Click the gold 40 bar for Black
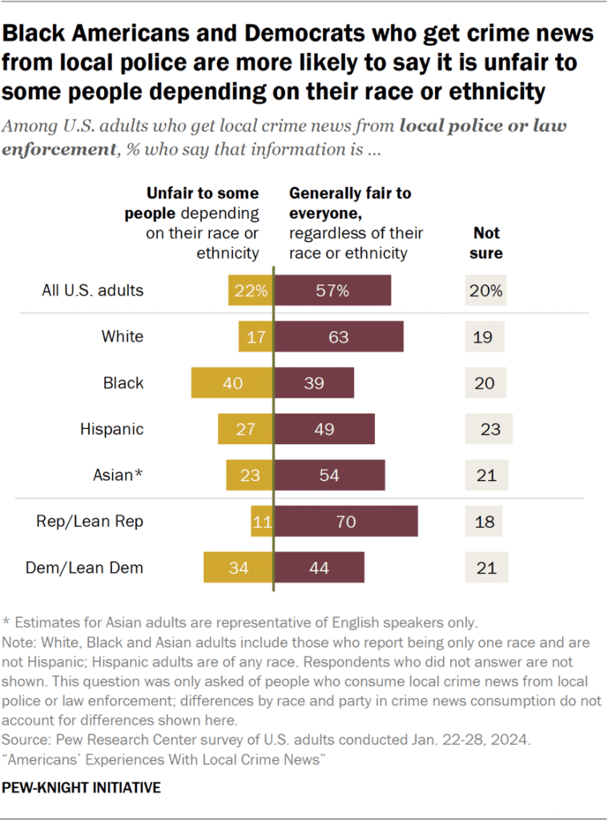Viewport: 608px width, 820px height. tap(232, 383)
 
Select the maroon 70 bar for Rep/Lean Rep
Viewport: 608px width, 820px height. tap(346, 521)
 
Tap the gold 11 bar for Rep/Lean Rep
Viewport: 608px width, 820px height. tap(262, 521)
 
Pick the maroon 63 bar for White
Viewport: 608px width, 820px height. tap(339, 337)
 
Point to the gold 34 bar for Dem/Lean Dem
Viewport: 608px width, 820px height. tap(239, 568)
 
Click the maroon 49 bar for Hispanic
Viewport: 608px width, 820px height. tap(324, 429)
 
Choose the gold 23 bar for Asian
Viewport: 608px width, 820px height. tap(250, 475)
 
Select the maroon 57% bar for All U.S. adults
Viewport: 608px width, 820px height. tap(333, 290)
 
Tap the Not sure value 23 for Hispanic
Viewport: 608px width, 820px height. tap(489, 429)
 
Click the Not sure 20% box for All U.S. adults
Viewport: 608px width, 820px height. tap(485, 290)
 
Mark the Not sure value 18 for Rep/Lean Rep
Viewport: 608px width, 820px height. tap(484, 521)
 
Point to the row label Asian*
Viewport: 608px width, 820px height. tap(117, 475)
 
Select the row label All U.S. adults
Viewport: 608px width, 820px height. tap(93, 290)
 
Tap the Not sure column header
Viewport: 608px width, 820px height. tap(486, 243)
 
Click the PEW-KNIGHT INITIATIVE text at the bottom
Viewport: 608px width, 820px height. tap(82, 787)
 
